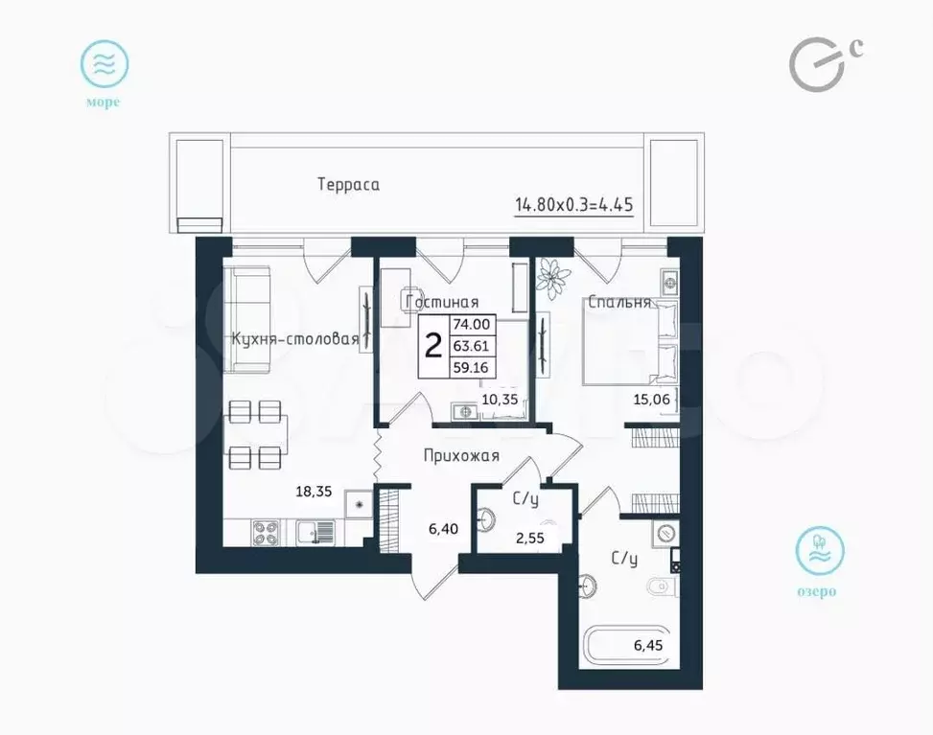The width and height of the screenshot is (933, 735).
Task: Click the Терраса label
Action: [348, 184]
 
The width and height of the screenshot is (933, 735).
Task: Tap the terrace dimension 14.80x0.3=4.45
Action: [574, 205]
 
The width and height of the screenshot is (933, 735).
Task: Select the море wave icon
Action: [105, 64]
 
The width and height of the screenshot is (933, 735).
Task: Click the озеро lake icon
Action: [820, 550]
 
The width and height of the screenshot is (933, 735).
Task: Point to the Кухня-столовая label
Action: [295, 339]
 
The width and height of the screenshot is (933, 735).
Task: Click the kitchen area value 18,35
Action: [314, 492]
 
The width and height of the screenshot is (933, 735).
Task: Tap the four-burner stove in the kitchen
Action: [266, 532]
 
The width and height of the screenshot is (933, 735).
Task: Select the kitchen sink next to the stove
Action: [315, 532]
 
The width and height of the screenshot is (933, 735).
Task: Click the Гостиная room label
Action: [442, 302]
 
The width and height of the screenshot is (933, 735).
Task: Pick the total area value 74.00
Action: [471, 325]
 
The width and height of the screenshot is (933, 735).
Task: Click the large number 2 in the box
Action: [433, 346]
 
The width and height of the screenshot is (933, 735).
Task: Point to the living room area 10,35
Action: [500, 399]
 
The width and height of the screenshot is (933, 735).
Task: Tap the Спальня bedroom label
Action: [619, 302]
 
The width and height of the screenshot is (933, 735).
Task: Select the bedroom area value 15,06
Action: [651, 399]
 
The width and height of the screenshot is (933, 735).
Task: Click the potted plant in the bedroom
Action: [554, 278]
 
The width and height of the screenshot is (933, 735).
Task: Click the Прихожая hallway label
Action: [462, 456]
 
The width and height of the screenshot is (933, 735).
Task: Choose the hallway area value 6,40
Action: [443, 528]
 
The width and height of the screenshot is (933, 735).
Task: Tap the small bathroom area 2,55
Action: [529, 538]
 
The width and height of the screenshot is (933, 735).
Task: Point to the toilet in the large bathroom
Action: [662, 587]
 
